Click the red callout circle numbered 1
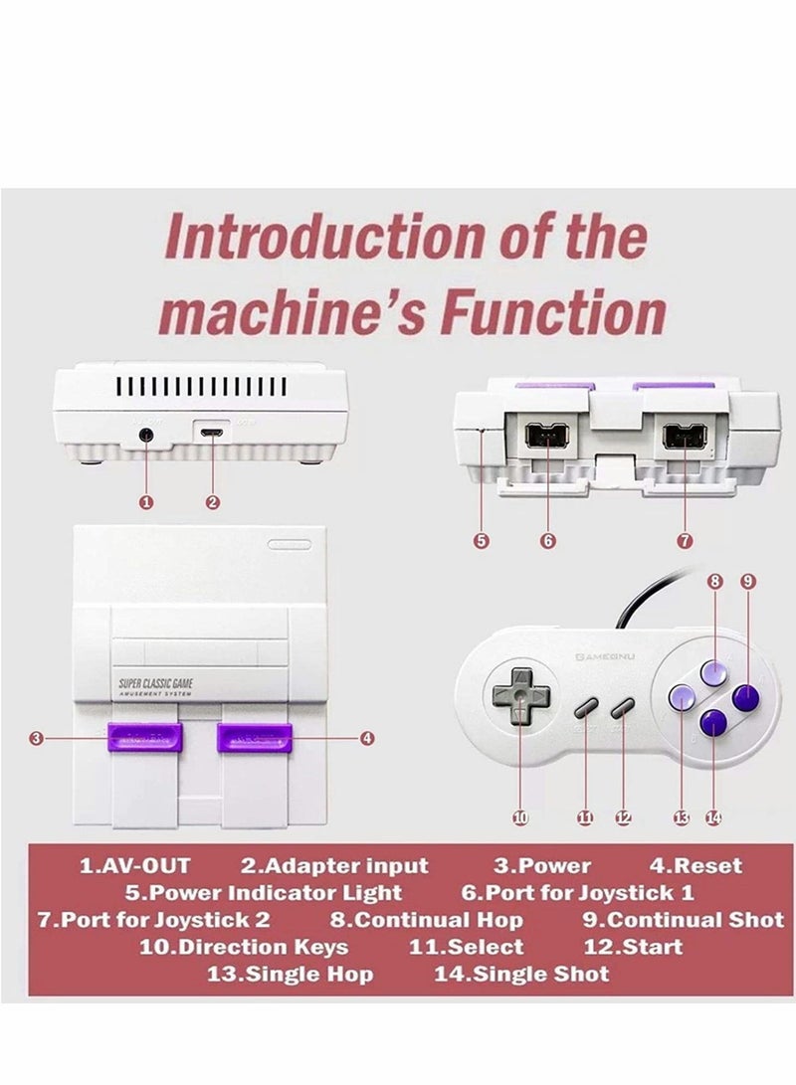click(x=146, y=502)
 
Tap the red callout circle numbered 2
click(x=212, y=502)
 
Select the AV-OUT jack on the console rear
click(x=147, y=434)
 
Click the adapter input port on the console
click(x=211, y=434)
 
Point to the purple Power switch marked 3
click(x=145, y=739)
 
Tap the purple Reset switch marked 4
click(x=256, y=739)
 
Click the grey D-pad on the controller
click(x=519, y=696)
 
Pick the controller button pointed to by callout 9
click(x=746, y=698)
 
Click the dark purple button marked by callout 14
click(x=713, y=724)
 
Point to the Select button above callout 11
click(x=585, y=708)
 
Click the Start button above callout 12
click(x=622, y=708)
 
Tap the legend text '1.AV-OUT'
click(x=133, y=865)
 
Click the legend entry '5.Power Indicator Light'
click(x=264, y=892)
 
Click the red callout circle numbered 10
click(x=519, y=817)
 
